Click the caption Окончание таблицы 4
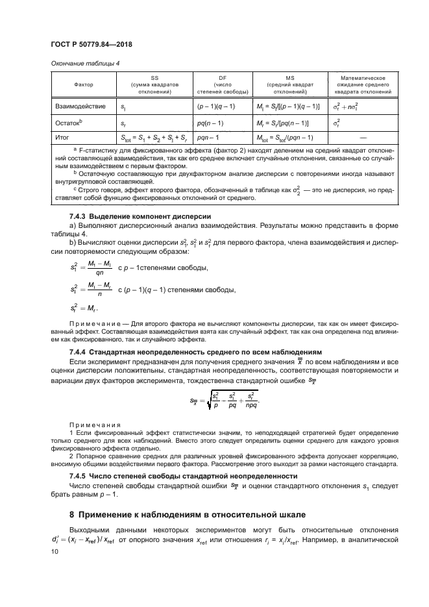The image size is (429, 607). coord(85,63)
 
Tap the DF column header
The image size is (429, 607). coord(220,85)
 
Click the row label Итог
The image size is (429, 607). coord(64,138)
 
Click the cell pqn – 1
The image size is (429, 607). coord(208,138)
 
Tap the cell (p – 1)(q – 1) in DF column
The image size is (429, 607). coord(216,105)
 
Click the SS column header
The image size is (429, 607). coord(154,85)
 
